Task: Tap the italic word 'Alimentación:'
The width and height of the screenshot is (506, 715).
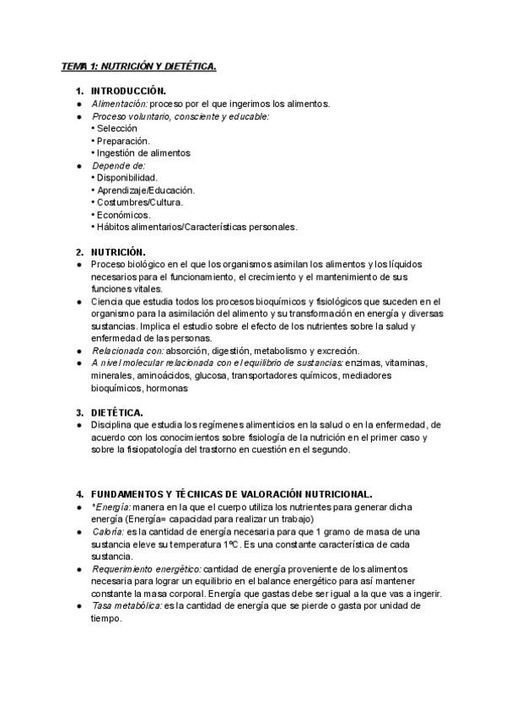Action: tap(119, 104)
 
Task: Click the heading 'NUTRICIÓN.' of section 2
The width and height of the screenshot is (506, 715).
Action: tap(118, 252)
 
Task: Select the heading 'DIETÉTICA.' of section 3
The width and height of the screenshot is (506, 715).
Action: tap(116, 412)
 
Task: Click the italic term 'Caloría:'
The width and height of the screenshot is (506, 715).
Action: tap(109, 532)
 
